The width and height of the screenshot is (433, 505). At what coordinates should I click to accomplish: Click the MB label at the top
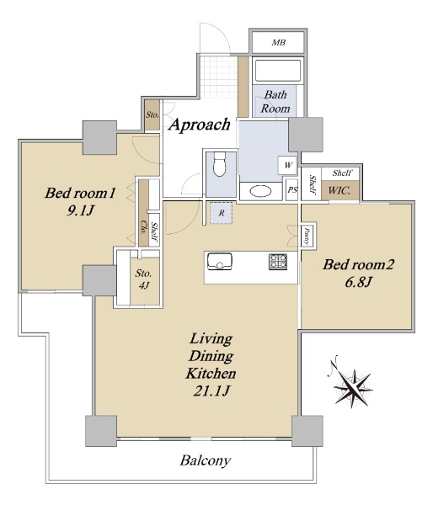[279, 42]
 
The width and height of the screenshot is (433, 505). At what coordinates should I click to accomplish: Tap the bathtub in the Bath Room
[278, 70]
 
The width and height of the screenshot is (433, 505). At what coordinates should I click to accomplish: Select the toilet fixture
[220, 165]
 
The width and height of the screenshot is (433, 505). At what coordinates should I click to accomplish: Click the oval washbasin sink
[261, 191]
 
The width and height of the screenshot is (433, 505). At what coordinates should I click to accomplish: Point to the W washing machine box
[287, 165]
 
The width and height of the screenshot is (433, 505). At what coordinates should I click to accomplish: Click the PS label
[292, 190]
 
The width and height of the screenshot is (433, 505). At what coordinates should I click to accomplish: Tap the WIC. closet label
[339, 191]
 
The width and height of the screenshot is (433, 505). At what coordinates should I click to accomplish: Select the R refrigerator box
[222, 213]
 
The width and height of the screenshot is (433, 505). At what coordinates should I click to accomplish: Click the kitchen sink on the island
[220, 261]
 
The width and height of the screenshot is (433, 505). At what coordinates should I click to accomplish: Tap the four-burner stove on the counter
[278, 262]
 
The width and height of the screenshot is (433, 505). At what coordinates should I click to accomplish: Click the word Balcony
[206, 460]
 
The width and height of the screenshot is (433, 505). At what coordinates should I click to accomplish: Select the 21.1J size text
[211, 391]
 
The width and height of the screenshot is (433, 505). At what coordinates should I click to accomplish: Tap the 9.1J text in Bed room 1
[80, 210]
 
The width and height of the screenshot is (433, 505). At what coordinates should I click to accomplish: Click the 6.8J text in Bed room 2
[359, 282]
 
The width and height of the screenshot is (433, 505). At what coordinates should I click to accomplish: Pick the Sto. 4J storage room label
[143, 279]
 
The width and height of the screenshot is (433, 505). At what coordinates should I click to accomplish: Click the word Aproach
[200, 125]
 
